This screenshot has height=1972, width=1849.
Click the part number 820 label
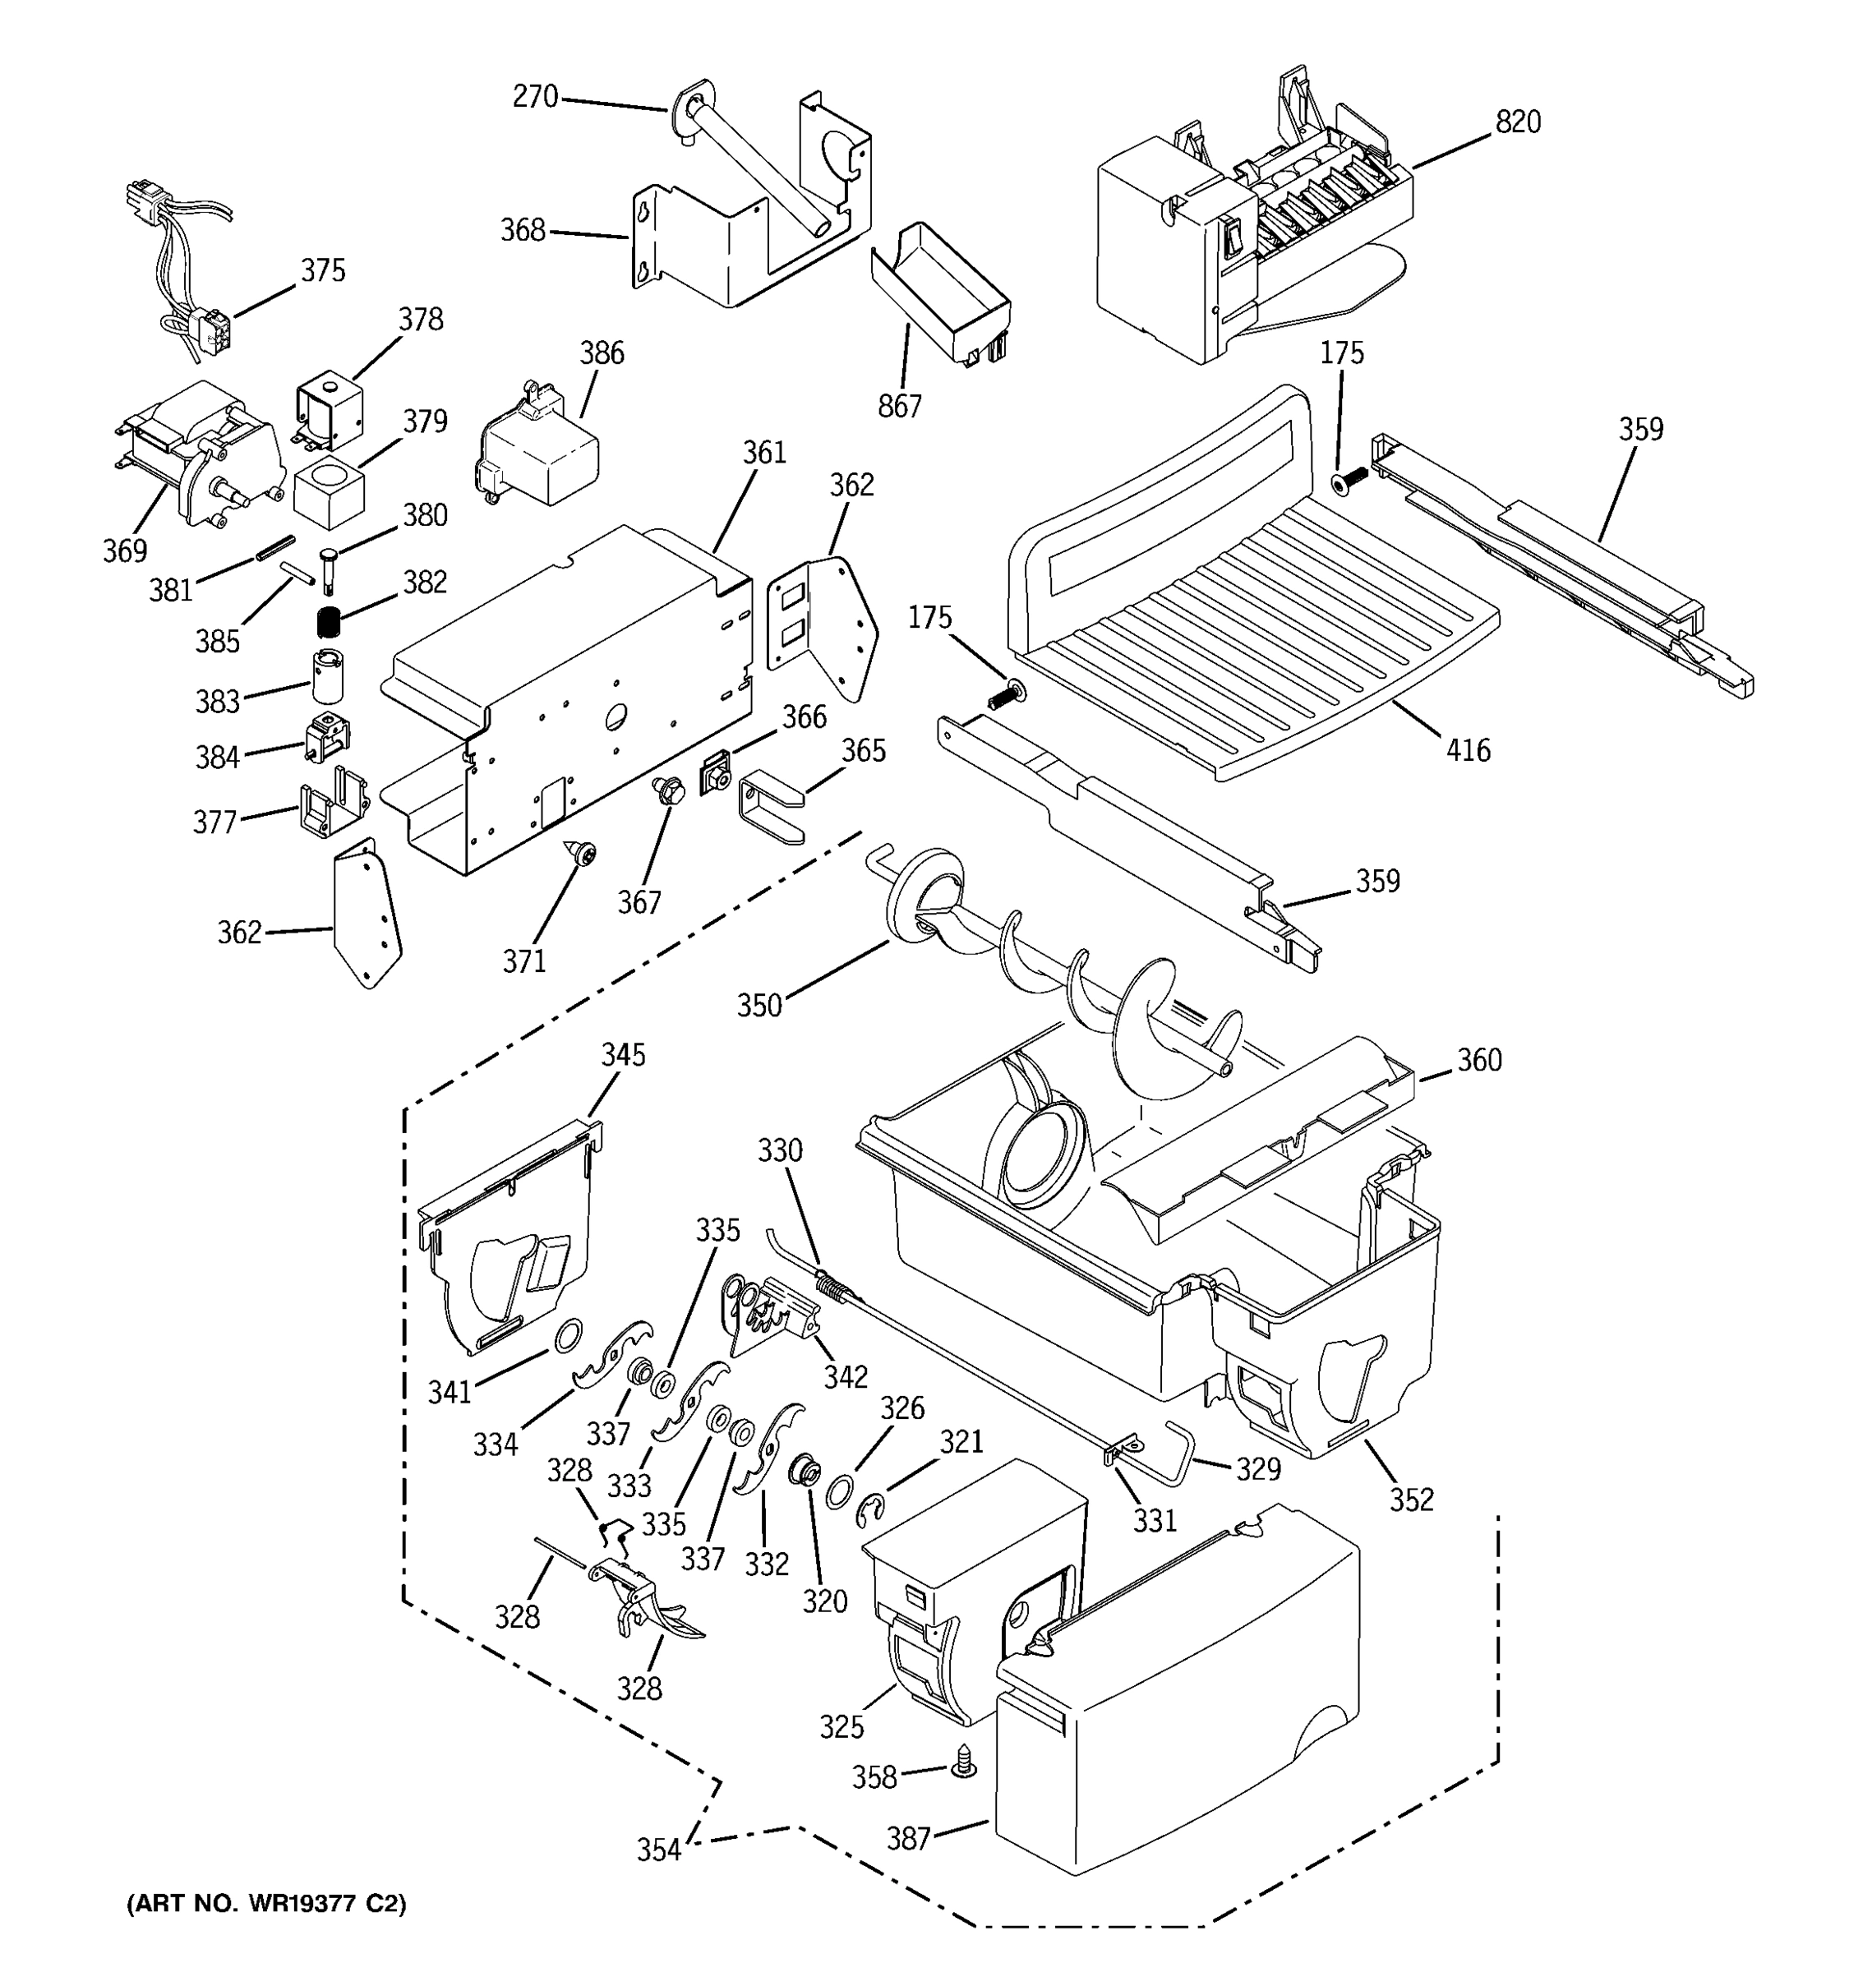pos(1518,122)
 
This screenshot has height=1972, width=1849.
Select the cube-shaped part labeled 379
pos(330,493)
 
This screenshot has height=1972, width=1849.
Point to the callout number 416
pos(1467,750)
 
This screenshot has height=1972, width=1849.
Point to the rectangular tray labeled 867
pos(940,293)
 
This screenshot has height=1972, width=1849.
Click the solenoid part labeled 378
pos(330,408)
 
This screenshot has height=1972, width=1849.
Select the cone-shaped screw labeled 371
pos(581,851)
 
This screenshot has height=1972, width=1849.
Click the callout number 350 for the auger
pos(759,1006)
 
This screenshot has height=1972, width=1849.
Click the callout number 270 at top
pos(535,96)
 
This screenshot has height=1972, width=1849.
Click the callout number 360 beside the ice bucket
pos(1479,1059)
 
